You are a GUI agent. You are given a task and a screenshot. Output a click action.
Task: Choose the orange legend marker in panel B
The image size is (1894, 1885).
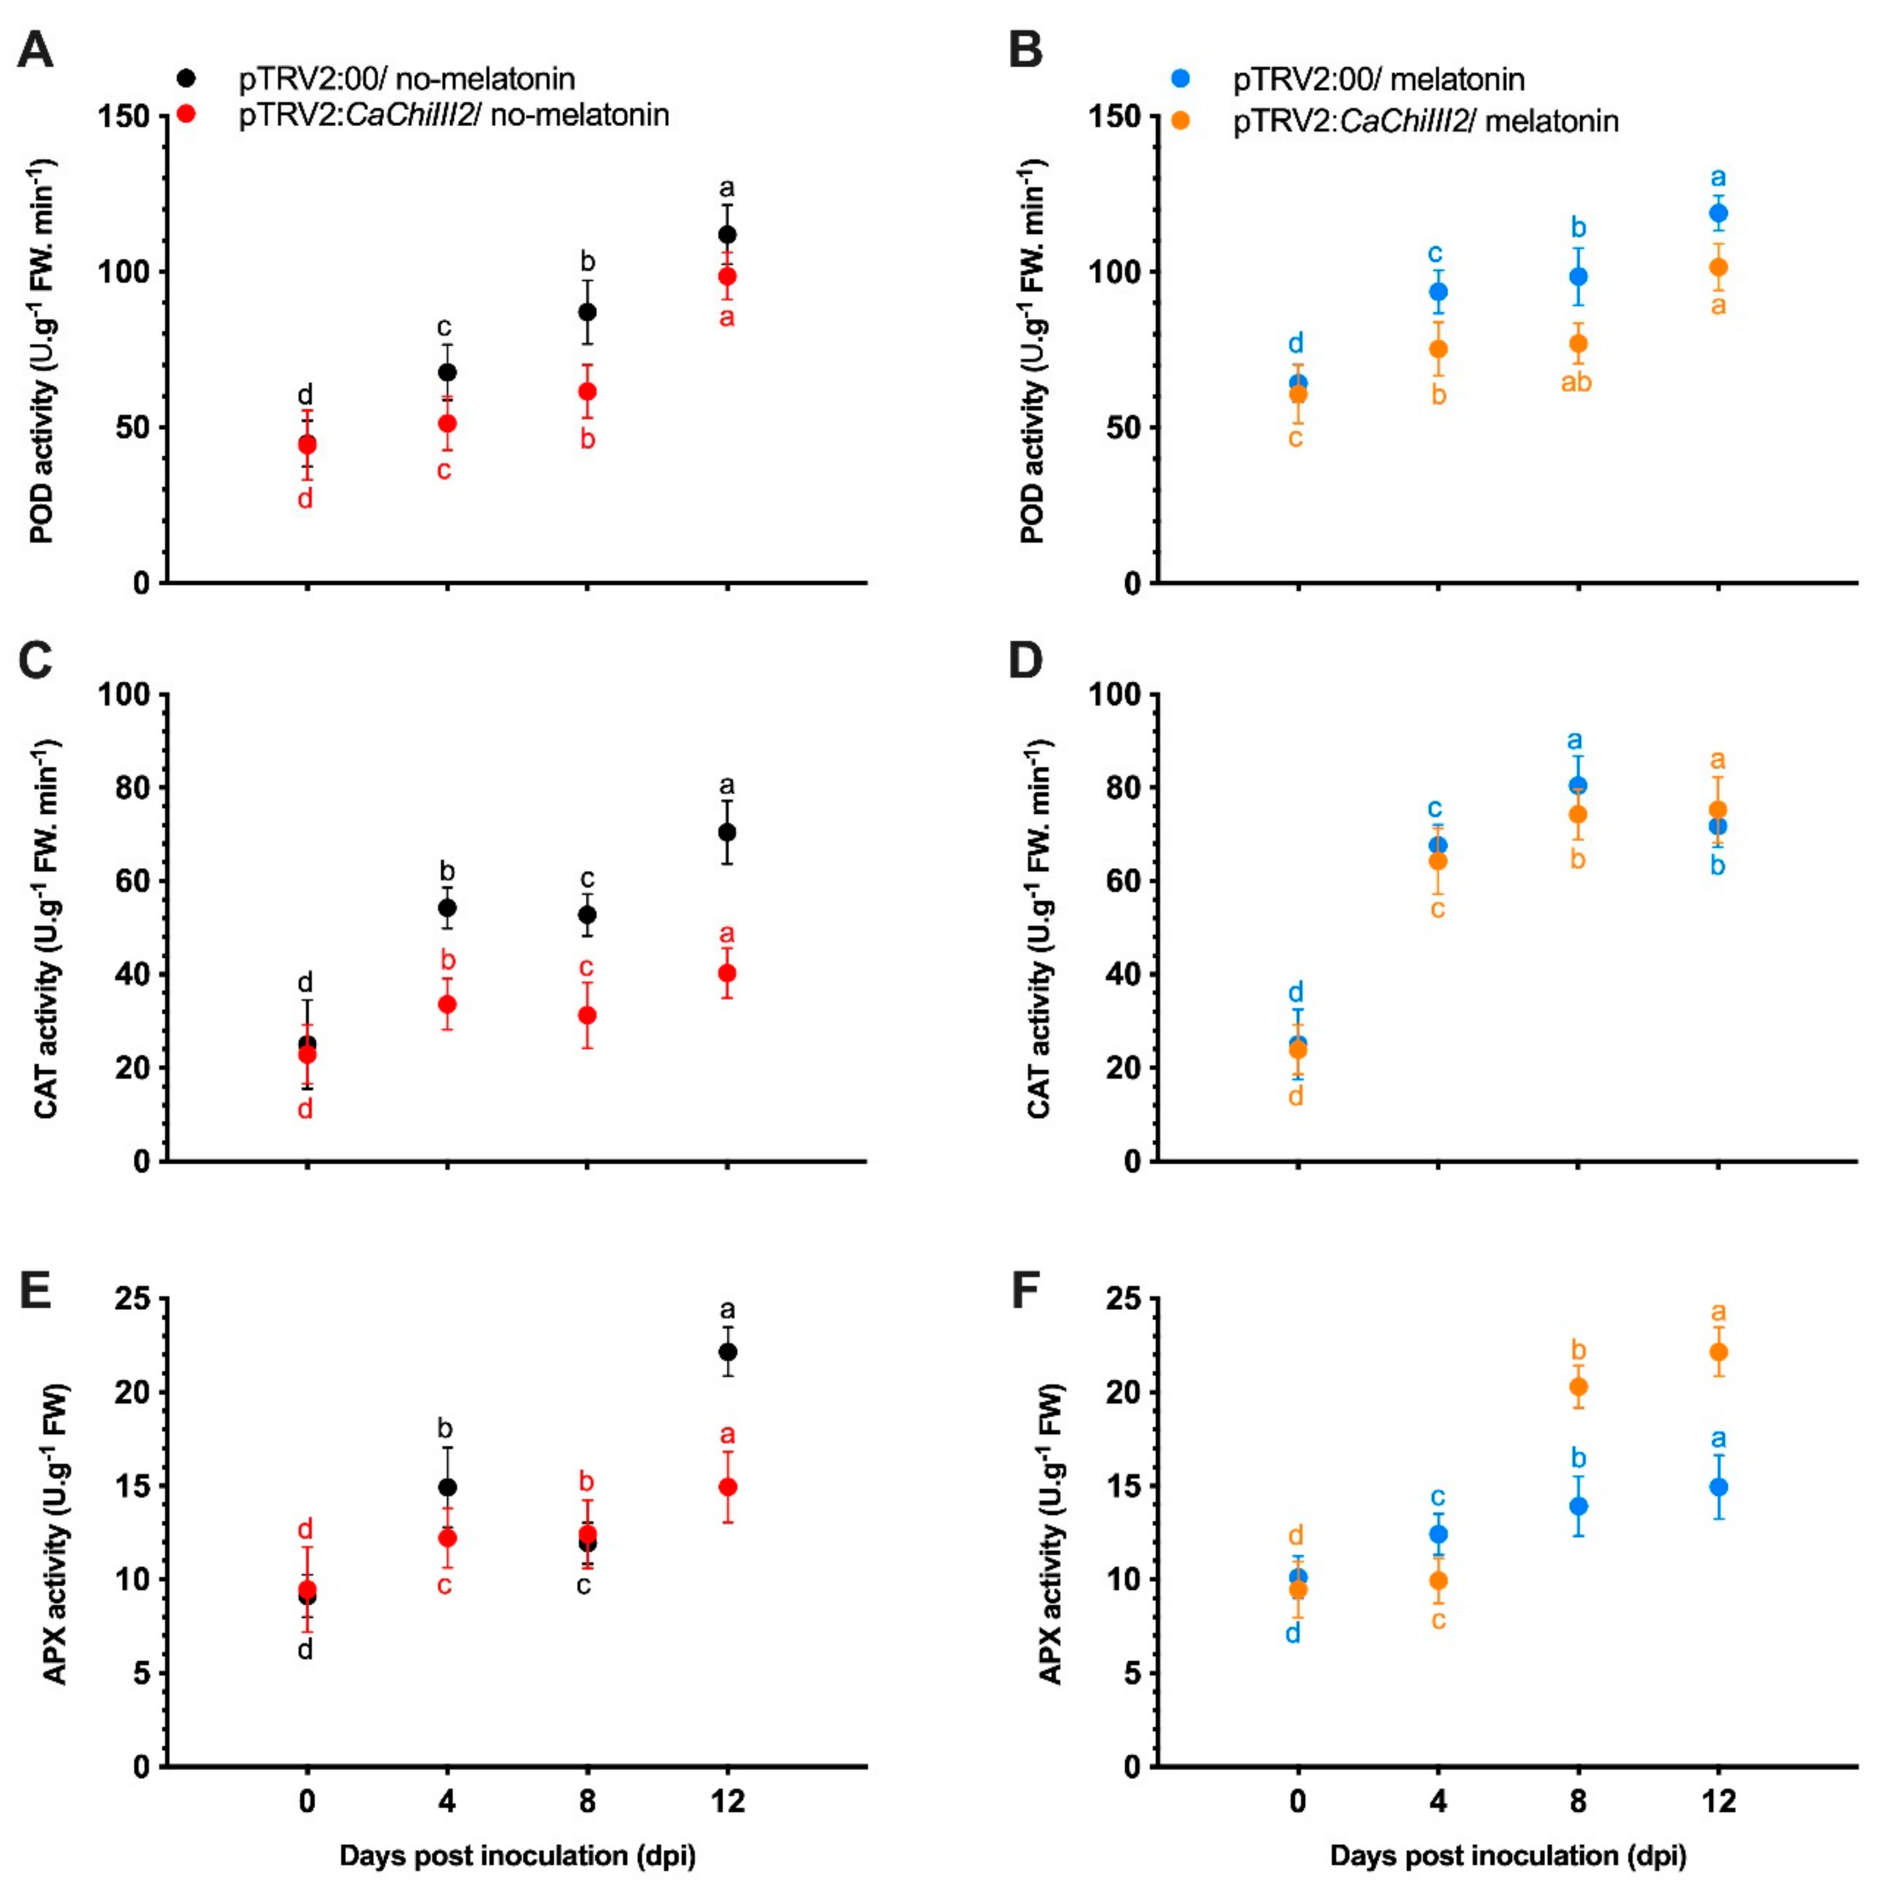tap(1181, 121)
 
